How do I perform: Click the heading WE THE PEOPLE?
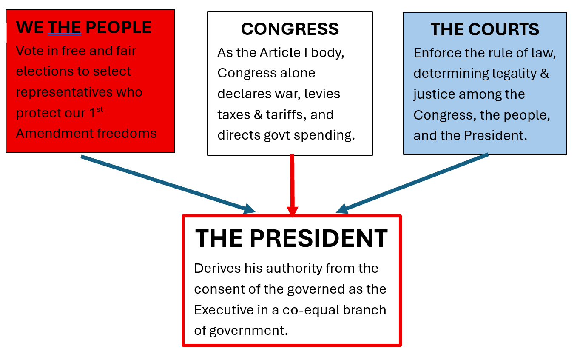[84, 27]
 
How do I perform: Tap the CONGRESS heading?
[290, 29]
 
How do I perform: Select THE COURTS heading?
[485, 29]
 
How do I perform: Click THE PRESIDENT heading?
[291, 238]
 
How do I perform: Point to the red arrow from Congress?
[292, 186]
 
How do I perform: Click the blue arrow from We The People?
[168, 185]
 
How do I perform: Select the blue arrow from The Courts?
[412, 183]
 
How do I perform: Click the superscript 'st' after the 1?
[100, 109]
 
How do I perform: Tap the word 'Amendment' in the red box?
[54, 134]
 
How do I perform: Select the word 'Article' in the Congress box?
[280, 53]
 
